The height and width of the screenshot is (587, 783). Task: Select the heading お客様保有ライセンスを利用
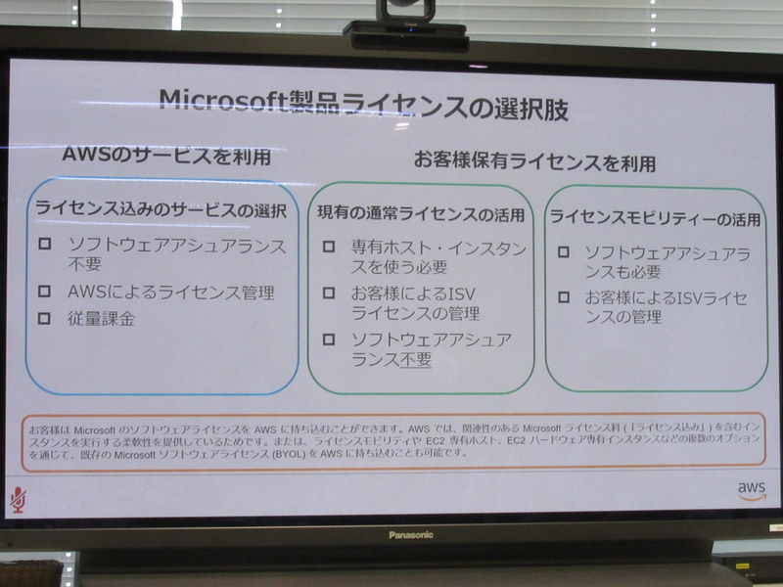point(534,160)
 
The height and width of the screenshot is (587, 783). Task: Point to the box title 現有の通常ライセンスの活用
point(421,214)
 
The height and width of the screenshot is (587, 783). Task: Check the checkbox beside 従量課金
point(44,318)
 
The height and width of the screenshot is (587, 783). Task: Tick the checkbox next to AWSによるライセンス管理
point(44,291)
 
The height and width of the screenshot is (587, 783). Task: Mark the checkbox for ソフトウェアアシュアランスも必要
point(564,251)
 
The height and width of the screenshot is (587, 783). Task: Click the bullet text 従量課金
point(102,319)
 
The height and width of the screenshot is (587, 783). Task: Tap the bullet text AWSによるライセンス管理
point(170,292)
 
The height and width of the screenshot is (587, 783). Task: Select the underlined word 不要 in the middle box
point(415,360)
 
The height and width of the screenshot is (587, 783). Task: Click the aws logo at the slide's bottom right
point(751,489)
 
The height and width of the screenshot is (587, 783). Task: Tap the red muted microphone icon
point(18,498)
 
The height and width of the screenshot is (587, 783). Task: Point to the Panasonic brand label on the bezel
point(410,534)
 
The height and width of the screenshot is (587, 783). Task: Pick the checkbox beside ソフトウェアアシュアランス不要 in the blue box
point(44,244)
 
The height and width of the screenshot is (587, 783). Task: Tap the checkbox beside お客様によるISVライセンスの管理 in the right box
point(564,296)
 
